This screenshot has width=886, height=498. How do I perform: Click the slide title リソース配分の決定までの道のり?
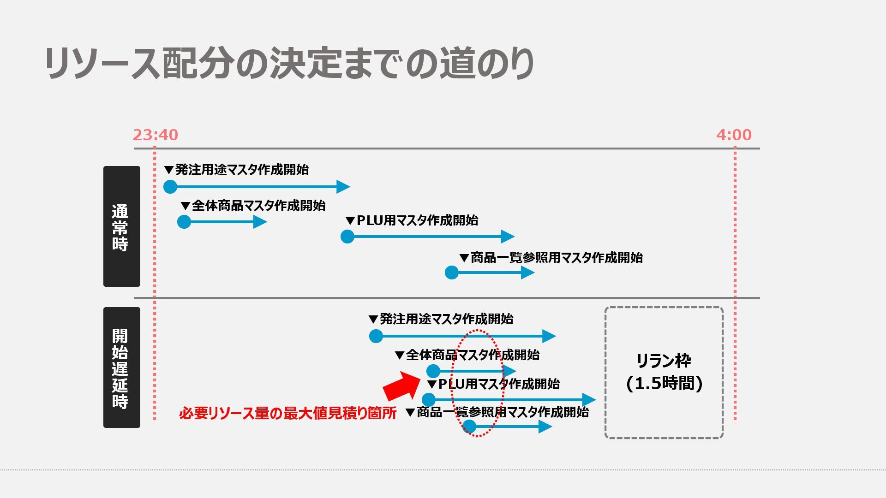click(289, 63)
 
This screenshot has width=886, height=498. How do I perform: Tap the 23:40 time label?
click(156, 135)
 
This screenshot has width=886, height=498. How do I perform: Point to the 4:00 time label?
click(734, 135)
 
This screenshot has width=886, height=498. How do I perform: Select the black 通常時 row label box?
click(121, 226)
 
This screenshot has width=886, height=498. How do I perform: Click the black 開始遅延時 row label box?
click(121, 368)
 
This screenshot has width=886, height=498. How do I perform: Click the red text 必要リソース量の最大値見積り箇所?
click(287, 413)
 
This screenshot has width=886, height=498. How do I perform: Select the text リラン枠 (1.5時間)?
click(664, 372)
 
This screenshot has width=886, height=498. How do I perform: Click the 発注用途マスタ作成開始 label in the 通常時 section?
click(237, 170)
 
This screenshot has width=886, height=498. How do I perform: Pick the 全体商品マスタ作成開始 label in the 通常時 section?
click(253, 206)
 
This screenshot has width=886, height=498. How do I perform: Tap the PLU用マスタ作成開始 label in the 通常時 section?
click(412, 220)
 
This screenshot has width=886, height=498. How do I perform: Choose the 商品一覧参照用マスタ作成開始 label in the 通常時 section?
click(551, 258)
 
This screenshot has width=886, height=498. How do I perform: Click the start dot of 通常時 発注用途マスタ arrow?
click(170, 187)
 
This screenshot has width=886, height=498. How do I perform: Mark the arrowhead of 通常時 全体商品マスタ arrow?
click(260, 222)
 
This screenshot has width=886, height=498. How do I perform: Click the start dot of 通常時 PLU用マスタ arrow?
click(347, 237)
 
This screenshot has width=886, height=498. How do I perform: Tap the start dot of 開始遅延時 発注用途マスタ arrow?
click(376, 336)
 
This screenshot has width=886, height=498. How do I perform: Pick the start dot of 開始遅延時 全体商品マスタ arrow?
click(433, 371)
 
